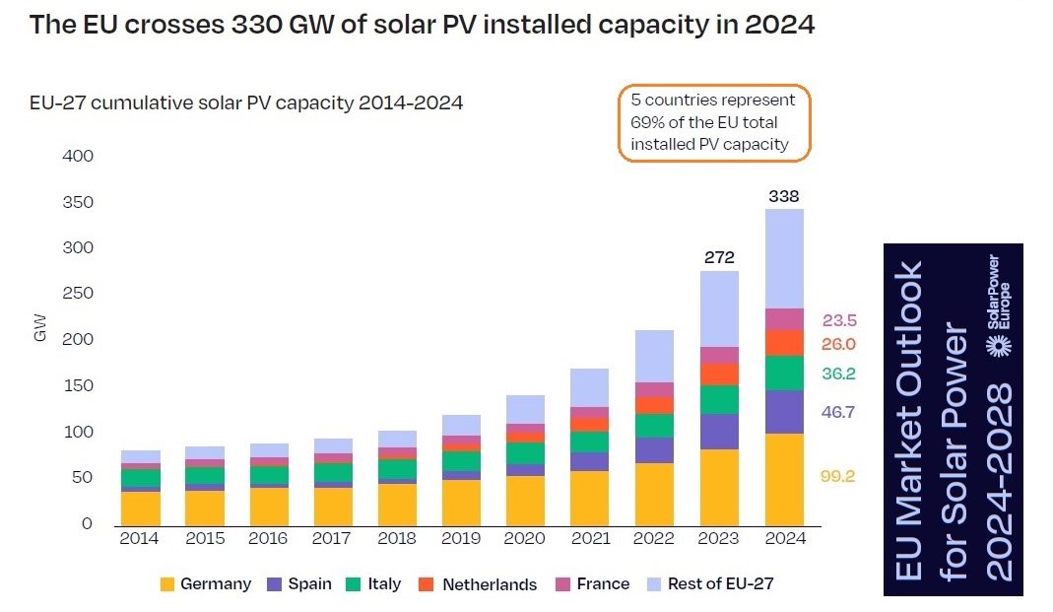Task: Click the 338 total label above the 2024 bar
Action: pyautogui.click(x=784, y=196)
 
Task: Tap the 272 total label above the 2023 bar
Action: pyautogui.click(x=719, y=258)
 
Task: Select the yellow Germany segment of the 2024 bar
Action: pyautogui.click(x=784, y=478)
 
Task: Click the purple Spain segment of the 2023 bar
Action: pyautogui.click(x=719, y=432)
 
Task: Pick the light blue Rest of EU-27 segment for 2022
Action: pyautogui.click(x=655, y=356)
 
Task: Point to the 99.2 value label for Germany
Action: pyautogui.click(x=837, y=476)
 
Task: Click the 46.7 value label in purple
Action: pyautogui.click(x=837, y=413)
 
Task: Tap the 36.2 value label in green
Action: pyautogui.click(x=837, y=374)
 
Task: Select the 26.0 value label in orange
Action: pyautogui.click(x=837, y=344)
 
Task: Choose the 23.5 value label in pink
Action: pyautogui.click(x=837, y=320)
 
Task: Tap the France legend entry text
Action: pyautogui.click(x=603, y=584)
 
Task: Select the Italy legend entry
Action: pyautogui.click(x=384, y=584)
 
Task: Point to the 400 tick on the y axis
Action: pyautogui.click(x=77, y=156)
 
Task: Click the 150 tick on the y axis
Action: pyautogui.click(x=77, y=385)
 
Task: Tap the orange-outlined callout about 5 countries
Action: pyautogui.click(x=713, y=122)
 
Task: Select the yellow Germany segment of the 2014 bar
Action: pyautogui.click(x=141, y=507)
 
